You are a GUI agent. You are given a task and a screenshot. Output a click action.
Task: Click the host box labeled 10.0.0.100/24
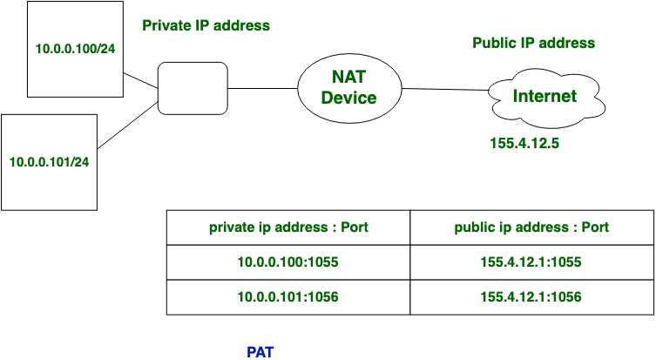pos(76,48)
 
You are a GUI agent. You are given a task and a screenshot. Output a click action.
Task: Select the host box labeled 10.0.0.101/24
pos(50,161)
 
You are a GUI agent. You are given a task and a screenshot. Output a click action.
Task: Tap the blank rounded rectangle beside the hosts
pos(193,88)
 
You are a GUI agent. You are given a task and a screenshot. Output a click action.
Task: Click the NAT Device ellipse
pos(348,87)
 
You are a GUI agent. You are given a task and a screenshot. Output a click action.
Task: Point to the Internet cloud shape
pos(545,98)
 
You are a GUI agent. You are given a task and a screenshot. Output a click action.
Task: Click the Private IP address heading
pos(206,25)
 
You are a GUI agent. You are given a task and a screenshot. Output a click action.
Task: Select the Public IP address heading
pos(533,43)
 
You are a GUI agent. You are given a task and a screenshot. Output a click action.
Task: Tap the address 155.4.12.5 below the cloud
pos(524,143)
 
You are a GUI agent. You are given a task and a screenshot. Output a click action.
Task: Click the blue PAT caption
pos(260,351)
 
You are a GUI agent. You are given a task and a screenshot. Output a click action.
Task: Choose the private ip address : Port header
pos(288,228)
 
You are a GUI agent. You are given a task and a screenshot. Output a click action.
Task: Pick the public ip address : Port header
pos(531,228)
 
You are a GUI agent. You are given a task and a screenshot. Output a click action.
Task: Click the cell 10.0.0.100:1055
pos(288,262)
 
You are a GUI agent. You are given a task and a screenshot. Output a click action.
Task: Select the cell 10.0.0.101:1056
pos(288,297)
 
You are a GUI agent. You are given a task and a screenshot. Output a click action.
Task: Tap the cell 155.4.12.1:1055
pos(531,262)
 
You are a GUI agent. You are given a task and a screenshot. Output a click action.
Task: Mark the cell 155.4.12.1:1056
pos(531,297)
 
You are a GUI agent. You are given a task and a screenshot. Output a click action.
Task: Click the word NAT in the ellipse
pos(348,77)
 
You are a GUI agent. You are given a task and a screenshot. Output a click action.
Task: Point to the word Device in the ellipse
pos(348,98)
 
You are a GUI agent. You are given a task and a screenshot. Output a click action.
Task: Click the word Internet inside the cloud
pos(544,96)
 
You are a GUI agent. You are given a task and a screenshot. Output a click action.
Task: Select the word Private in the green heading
pos(166,25)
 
